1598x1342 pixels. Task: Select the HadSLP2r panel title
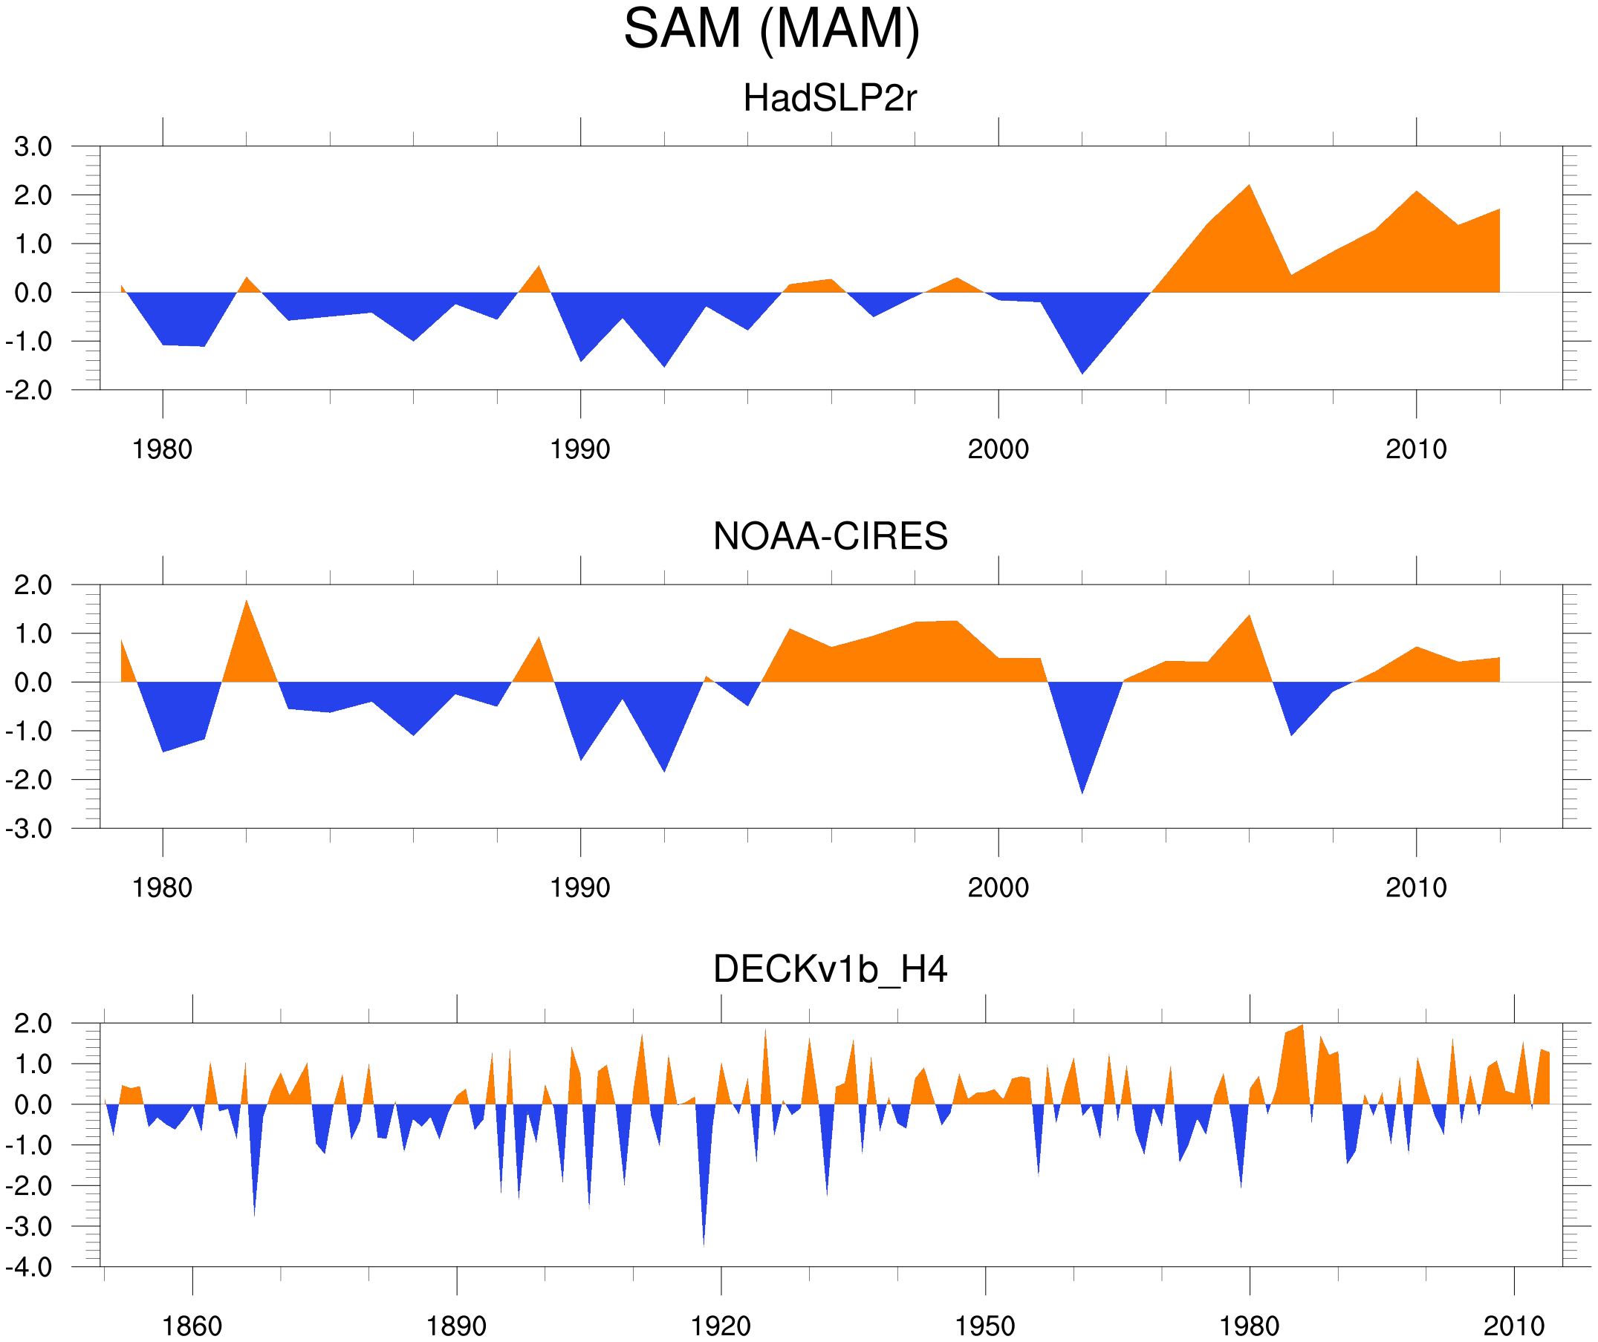(829, 98)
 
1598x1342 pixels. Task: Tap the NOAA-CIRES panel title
(829, 536)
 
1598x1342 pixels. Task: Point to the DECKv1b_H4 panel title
(829, 969)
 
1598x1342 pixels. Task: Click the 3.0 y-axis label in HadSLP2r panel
(33, 147)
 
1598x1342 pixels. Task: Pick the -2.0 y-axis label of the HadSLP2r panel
(29, 391)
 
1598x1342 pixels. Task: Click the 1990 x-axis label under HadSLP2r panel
(580, 449)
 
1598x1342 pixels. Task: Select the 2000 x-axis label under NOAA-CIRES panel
(998, 887)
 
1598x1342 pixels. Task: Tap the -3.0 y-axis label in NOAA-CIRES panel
(29, 829)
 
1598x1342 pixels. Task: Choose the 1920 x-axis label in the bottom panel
(720, 1326)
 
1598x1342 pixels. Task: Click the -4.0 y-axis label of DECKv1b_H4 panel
(29, 1268)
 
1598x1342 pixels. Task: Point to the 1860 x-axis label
(192, 1326)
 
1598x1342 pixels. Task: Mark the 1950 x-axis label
(984, 1326)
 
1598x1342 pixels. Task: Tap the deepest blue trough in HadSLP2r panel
(1082, 371)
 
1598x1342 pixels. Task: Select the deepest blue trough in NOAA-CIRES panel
(1082, 791)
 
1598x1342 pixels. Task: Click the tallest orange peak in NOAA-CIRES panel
(246, 602)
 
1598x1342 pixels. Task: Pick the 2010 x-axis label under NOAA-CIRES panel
(1415, 887)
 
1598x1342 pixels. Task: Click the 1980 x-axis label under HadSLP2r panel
(162, 449)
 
